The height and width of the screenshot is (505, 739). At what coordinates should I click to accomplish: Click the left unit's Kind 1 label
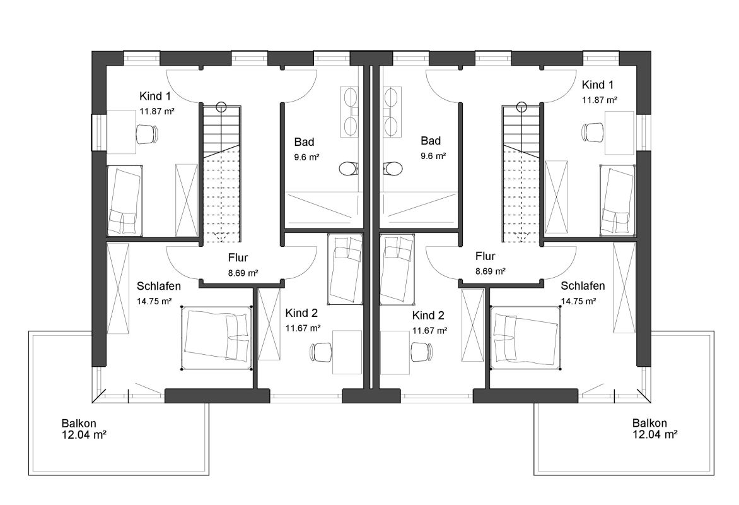[x=155, y=97]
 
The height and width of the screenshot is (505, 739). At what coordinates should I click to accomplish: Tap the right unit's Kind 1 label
[x=598, y=85]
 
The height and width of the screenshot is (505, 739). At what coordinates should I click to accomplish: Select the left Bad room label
[x=304, y=141]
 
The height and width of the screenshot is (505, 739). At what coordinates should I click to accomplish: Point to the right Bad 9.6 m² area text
[x=433, y=156]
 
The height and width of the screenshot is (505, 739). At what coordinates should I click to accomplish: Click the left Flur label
[x=238, y=258]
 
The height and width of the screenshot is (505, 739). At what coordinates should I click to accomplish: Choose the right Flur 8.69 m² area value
[x=491, y=271]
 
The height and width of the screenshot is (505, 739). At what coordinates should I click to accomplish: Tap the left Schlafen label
[x=159, y=286]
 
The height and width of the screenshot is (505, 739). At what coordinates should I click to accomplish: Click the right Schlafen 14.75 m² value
[x=578, y=301]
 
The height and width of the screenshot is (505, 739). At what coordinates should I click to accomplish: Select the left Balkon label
[x=79, y=424]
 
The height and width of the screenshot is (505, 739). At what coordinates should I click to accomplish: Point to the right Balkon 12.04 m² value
[x=655, y=435]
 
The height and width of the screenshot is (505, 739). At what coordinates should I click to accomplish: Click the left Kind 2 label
[x=301, y=313]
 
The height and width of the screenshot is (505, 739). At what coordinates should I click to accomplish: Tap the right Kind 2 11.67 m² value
[x=430, y=331]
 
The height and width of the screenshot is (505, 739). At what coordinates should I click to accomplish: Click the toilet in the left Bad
[x=349, y=169]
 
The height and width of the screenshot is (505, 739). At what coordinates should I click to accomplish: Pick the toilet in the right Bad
[x=393, y=169]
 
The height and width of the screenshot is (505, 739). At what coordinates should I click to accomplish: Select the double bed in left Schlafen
[x=216, y=338]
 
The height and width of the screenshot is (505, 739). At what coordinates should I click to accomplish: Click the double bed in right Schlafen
[x=526, y=338]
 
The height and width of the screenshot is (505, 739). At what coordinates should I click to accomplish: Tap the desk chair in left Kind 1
[x=146, y=134]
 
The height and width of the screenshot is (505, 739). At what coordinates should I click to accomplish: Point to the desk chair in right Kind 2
[x=421, y=352]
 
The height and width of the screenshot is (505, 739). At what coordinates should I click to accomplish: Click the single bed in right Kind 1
[x=617, y=200]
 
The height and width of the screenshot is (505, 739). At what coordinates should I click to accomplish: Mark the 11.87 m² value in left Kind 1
[x=158, y=111]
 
